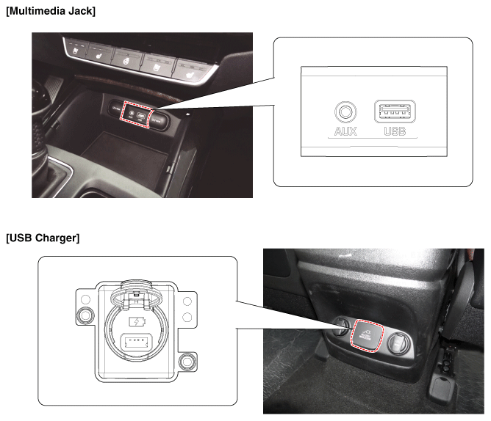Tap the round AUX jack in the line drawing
pyautogui.click(x=345, y=112)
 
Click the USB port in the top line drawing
pyautogui.click(x=395, y=111)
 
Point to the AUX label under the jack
pyautogui.click(x=345, y=131)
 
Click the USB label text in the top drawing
pyautogui.click(x=395, y=131)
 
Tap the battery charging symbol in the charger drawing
pyautogui.click(x=137, y=321)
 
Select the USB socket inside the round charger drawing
pyautogui.click(x=136, y=341)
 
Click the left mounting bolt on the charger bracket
pyautogui.click(x=85, y=315)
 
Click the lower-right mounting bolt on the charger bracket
pyautogui.click(x=187, y=362)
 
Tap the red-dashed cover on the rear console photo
pyautogui.click(x=367, y=335)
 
